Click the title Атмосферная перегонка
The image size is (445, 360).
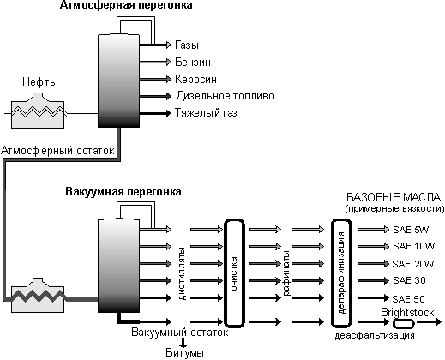126,5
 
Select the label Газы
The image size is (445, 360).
187,45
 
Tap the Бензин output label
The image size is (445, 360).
193,62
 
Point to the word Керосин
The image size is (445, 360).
196,79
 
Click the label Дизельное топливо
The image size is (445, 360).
226,96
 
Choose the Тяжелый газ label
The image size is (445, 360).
206,113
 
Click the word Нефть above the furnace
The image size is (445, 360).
39,82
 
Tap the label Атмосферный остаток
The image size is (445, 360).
57,151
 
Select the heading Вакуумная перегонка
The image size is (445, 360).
123,191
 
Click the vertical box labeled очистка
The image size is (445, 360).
225,273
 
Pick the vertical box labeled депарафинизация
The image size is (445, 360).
332,273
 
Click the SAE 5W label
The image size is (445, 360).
411,230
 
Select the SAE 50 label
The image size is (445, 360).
409,299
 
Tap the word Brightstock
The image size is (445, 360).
407,313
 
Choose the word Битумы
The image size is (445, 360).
185,353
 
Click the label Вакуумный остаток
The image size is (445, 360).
180,333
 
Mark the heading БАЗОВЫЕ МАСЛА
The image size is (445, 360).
394,197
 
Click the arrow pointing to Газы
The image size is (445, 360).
155,45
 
